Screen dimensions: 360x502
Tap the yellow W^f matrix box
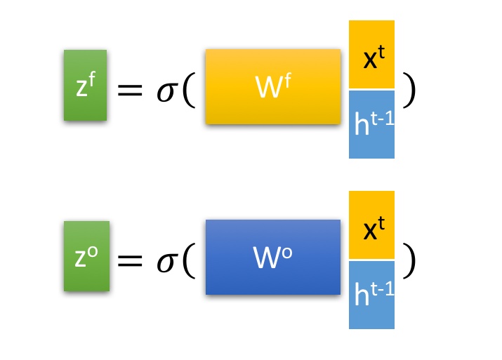273,87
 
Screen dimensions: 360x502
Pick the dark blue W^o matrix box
273,257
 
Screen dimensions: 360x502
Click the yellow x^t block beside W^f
371,55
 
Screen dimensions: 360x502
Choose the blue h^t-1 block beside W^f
371,124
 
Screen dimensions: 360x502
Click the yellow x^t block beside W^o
371,225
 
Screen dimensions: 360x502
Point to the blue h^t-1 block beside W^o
371,295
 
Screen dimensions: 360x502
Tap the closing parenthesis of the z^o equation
409,260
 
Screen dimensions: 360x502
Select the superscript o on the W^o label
288,251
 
